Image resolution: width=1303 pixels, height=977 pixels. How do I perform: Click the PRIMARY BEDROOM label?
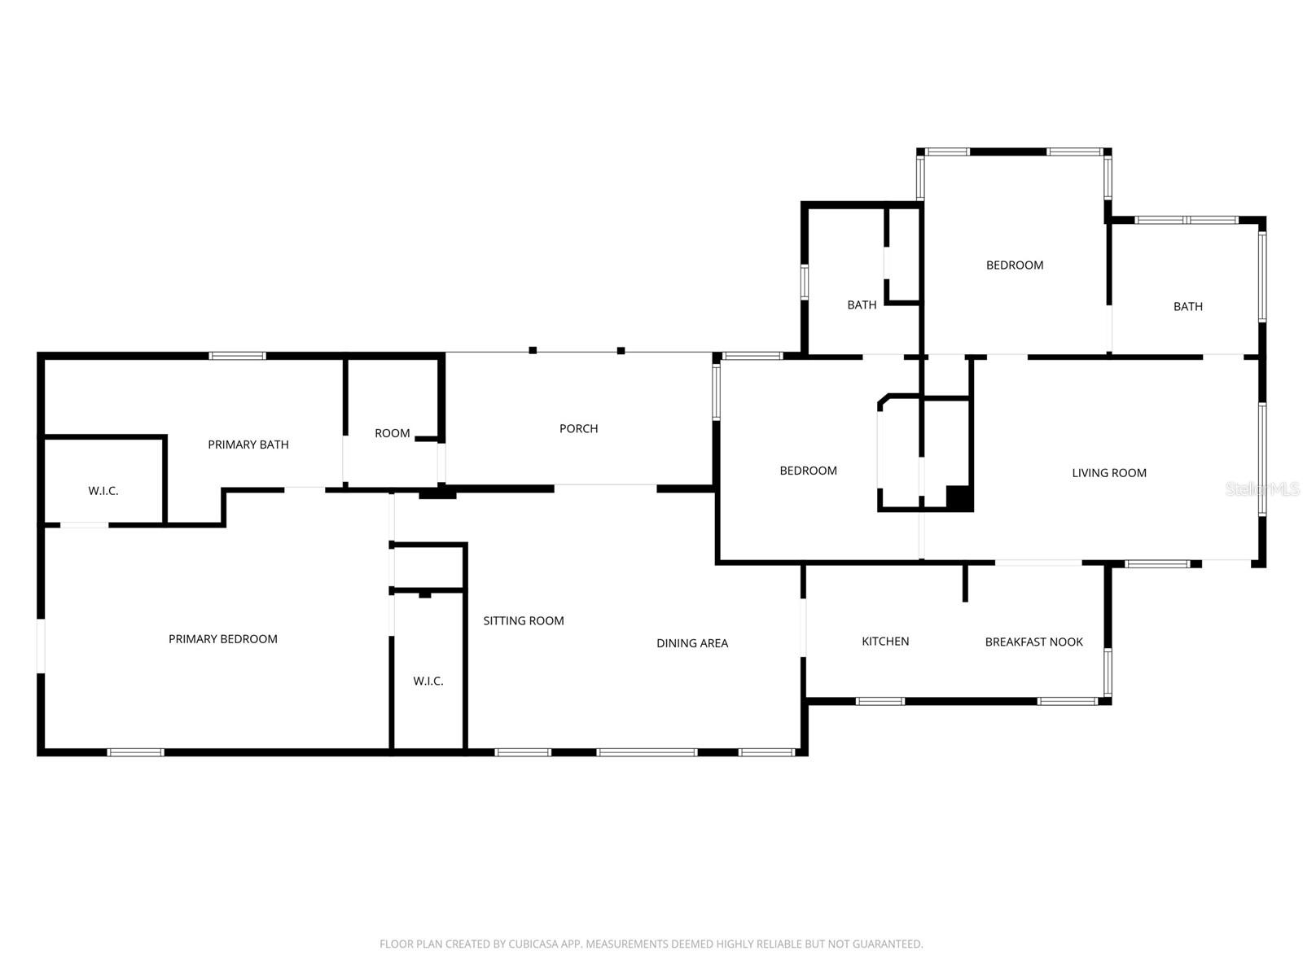[223, 639]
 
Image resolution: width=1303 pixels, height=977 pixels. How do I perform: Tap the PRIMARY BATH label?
[248, 445]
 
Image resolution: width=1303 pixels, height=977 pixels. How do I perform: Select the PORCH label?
[579, 428]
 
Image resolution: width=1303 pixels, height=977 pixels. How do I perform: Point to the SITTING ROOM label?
[524, 620]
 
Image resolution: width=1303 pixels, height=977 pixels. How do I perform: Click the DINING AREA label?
[692, 643]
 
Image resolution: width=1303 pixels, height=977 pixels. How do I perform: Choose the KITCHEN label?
[885, 642]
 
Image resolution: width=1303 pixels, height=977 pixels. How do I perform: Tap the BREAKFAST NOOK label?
[1033, 642]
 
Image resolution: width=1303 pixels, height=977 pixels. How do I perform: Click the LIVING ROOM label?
[1108, 473]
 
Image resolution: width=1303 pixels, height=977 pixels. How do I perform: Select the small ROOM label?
[392, 433]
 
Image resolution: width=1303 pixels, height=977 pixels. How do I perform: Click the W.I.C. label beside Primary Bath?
[103, 491]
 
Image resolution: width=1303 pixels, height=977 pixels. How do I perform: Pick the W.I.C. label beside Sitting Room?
[428, 681]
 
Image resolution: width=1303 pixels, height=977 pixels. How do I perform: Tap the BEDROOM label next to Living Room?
[808, 471]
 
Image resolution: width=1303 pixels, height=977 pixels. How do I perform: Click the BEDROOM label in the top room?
[1015, 265]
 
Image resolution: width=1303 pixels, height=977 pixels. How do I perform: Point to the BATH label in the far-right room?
[1187, 307]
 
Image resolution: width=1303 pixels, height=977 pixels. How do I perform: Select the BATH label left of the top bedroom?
[862, 305]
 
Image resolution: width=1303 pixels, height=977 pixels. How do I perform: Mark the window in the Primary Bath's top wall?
[238, 356]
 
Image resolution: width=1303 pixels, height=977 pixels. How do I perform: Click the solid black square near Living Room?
[959, 497]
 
